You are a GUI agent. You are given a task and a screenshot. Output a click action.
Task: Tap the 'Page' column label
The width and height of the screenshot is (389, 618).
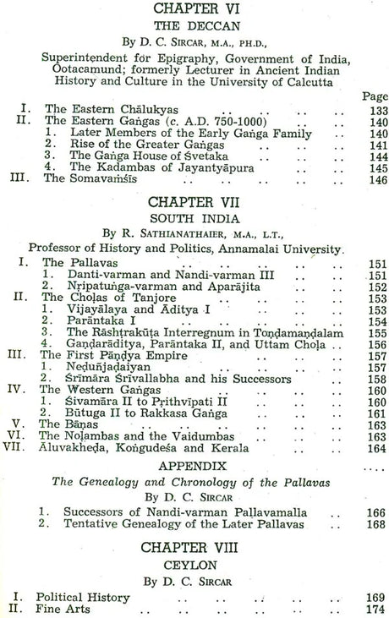tap(373, 97)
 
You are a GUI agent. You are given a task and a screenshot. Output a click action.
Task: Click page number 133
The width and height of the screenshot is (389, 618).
tap(373, 110)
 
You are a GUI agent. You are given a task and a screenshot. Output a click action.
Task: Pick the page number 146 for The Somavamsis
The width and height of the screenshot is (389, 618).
tap(373, 179)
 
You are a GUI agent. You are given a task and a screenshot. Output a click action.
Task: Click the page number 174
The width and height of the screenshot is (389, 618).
tap(373, 607)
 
